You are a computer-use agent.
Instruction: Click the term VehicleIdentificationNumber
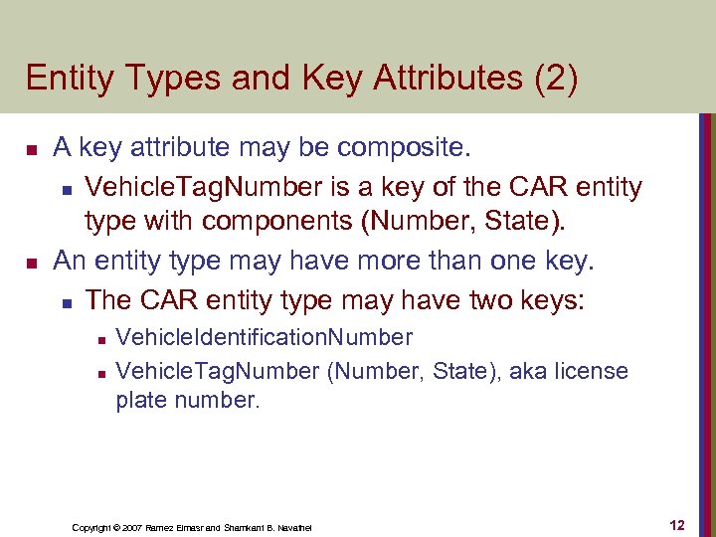point(264,337)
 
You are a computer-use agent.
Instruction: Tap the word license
point(590,372)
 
